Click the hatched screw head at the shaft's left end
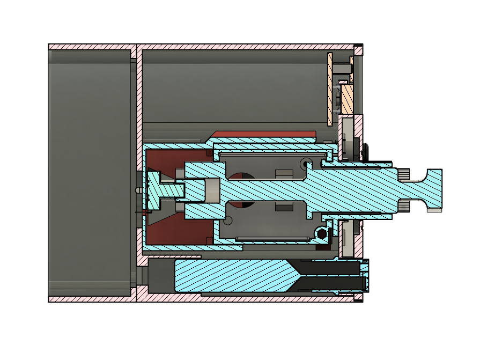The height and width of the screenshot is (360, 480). (x=156, y=190)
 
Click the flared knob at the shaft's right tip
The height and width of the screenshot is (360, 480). (x=432, y=189)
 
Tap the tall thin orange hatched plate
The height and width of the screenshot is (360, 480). (x=330, y=89)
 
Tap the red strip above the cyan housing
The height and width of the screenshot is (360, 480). (x=263, y=134)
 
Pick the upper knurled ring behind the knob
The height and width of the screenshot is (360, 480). (x=405, y=174)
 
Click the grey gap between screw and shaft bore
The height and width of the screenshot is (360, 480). (x=212, y=190)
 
